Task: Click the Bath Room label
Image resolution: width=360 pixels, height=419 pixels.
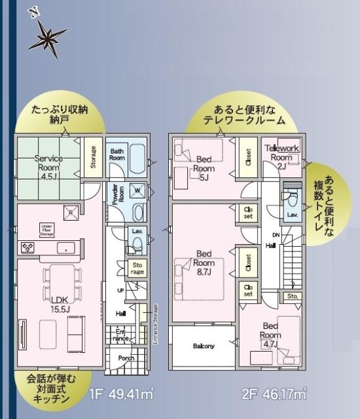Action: point(117,155)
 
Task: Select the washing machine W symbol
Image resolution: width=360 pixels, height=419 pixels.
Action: point(137,191)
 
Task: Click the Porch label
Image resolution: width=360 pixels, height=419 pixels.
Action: point(126,359)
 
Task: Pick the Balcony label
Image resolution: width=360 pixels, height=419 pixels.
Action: point(204,346)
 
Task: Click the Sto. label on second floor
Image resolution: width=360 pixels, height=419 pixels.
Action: point(292,297)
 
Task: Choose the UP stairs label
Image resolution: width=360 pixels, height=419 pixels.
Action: point(120,290)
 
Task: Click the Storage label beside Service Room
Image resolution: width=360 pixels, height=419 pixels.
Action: point(93,157)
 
